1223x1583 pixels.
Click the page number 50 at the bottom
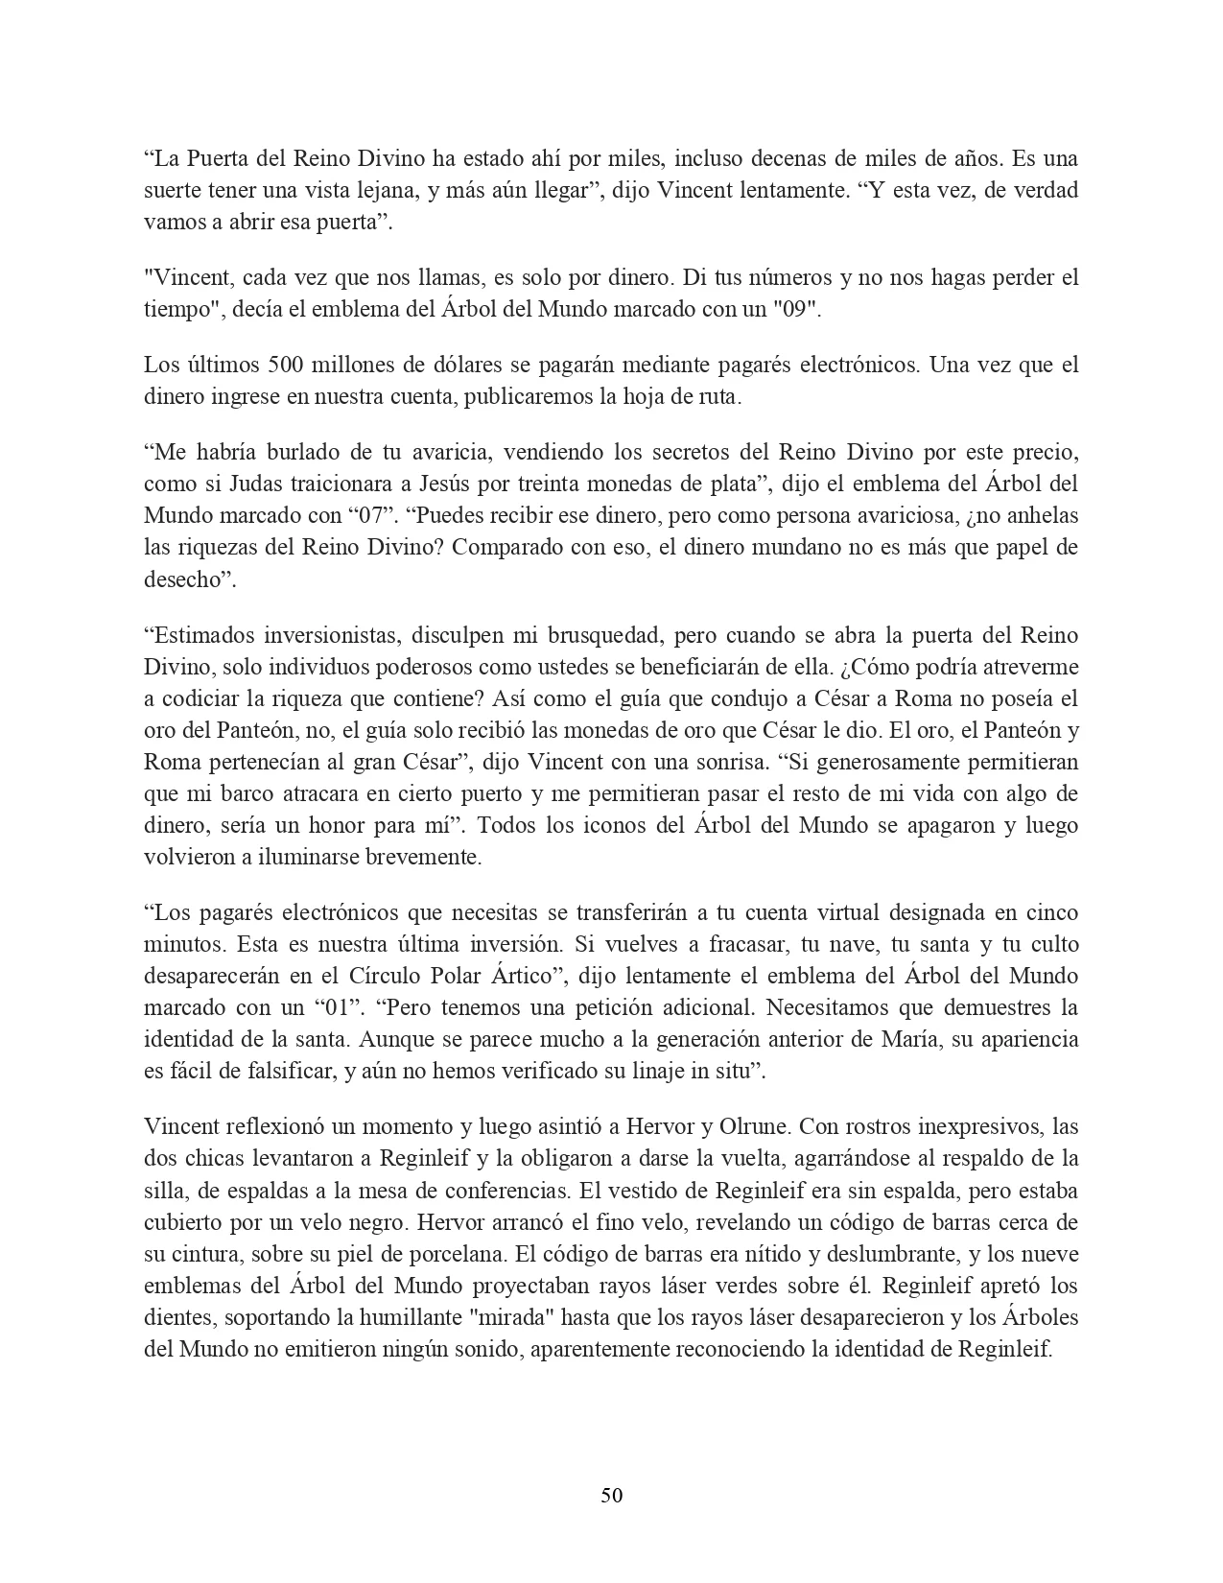coord(611,1495)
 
